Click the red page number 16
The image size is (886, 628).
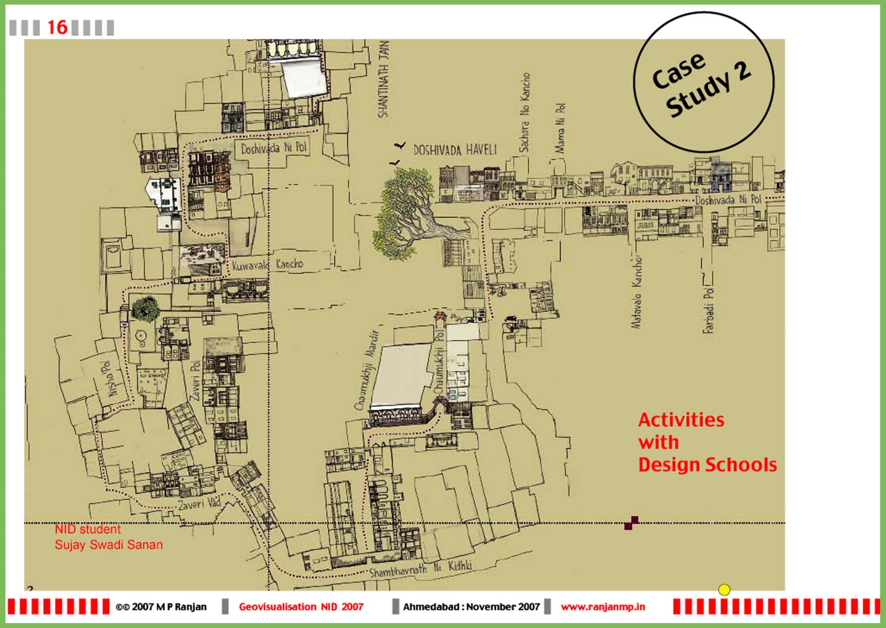pyautogui.click(x=57, y=27)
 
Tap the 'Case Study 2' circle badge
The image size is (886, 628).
pyautogui.click(x=703, y=82)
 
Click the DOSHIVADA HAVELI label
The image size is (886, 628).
pyautogui.click(x=455, y=150)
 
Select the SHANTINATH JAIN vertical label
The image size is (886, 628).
pyautogui.click(x=383, y=79)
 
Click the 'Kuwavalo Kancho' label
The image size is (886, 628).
pyautogui.click(x=267, y=264)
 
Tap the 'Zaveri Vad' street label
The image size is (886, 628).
pyautogui.click(x=199, y=504)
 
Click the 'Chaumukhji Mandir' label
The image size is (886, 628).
pyautogui.click(x=366, y=370)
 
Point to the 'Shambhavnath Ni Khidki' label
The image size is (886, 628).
pyautogui.click(x=420, y=569)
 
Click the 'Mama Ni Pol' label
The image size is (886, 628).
pyautogui.click(x=560, y=128)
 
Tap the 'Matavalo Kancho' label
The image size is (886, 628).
pyautogui.click(x=637, y=292)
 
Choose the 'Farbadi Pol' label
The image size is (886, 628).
pyautogui.click(x=708, y=310)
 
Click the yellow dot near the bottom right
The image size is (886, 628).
pyautogui.click(x=724, y=590)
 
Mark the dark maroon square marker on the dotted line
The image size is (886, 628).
pyautogui.click(x=631, y=523)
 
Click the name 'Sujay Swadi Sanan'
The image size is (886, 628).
pyautogui.click(x=109, y=545)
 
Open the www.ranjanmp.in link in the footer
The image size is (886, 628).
pyautogui.click(x=602, y=607)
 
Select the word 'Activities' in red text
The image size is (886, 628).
pyautogui.click(x=681, y=420)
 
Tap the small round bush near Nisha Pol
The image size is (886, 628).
pyautogui.click(x=145, y=308)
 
